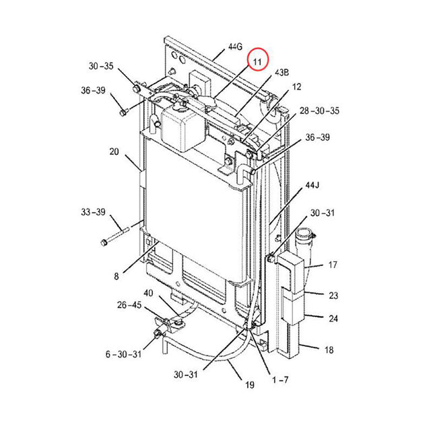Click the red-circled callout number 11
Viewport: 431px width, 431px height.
(257, 63)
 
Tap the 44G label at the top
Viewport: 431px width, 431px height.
(234, 47)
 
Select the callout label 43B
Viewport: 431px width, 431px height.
(281, 72)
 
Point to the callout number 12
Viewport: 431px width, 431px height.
(296, 87)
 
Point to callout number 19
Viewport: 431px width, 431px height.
(249, 385)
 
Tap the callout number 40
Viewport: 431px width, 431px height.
(148, 293)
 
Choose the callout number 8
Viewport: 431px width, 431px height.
(116, 275)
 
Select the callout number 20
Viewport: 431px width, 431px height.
(114, 152)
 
